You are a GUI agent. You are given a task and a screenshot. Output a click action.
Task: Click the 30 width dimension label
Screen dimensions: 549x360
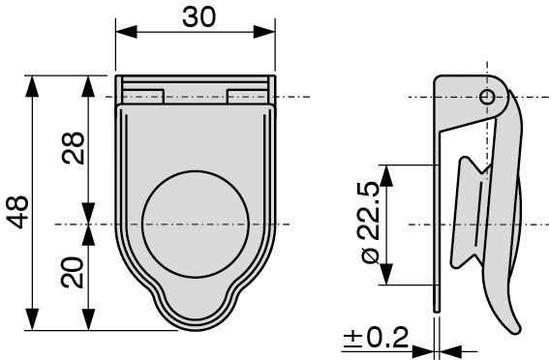click(198, 17)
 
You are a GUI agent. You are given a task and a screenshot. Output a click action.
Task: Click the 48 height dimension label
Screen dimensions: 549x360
click(17, 212)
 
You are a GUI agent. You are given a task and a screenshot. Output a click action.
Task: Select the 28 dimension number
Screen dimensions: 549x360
click(74, 148)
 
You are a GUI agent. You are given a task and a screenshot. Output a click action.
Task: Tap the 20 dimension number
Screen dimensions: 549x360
click(73, 273)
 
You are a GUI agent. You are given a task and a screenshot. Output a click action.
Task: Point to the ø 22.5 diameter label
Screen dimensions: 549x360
click(371, 223)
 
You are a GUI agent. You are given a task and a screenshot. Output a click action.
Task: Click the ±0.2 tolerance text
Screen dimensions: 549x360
click(376, 337)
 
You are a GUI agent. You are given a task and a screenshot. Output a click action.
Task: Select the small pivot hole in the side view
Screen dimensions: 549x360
click(487, 97)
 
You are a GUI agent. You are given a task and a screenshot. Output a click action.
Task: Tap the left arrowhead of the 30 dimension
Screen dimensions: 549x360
click(126, 32)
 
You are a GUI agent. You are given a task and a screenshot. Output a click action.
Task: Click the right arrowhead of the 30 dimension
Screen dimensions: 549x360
click(264, 32)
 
